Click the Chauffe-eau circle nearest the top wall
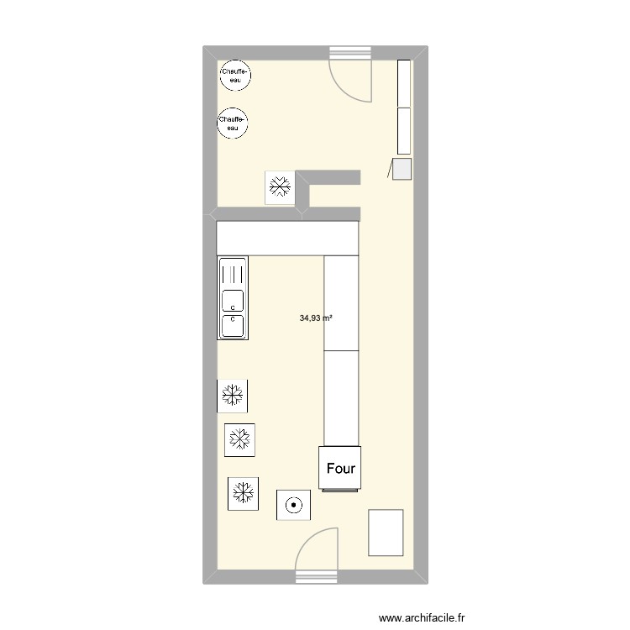coord(234,76)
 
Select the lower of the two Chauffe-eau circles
coord(232,123)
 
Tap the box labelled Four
coord(340,468)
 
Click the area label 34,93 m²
coord(316,318)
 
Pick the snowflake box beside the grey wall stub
coord(280,186)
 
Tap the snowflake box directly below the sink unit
coord(233,395)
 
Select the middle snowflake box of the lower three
coord(240,438)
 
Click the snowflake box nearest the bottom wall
coord(244,492)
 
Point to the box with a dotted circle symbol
coord(293,505)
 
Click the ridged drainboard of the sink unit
coord(232,273)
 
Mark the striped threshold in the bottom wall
coord(316,576)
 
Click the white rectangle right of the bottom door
coord(386,532)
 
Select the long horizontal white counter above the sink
coord(287,238)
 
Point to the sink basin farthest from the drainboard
coord(232,324)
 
